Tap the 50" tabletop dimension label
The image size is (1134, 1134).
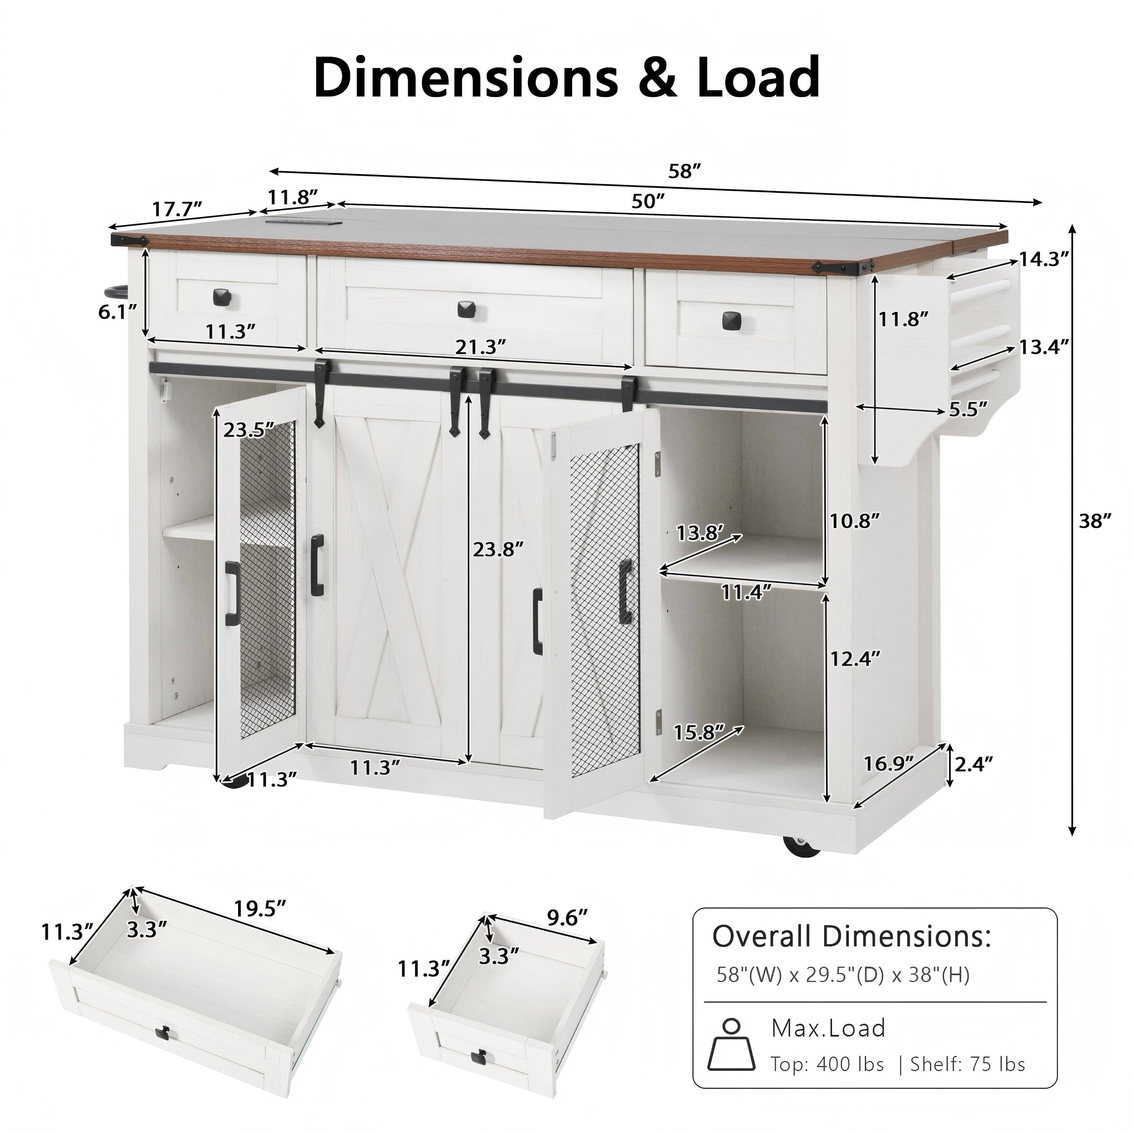pyautogui.click(x=647, y=201)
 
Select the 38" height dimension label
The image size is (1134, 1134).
pyautogui.click(x=1095, y=521)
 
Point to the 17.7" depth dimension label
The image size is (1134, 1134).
pyautogui.click(x=177, y=209)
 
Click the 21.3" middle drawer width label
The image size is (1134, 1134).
pyautogui.click(x=480, y=347)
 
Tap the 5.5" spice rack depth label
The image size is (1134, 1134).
pyautogui.click(x=968, y=409)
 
